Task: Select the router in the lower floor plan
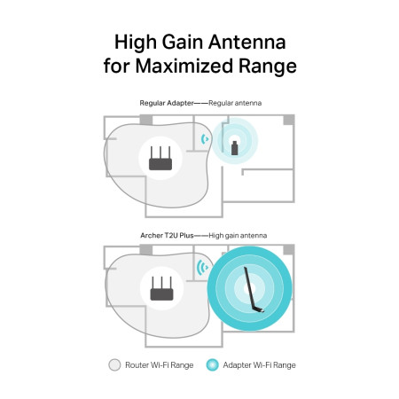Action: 162,289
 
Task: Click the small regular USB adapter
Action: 235,145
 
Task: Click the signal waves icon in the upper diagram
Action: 205,138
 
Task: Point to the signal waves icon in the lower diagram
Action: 201,268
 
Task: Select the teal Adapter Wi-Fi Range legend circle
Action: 211,364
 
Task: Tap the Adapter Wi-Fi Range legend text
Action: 260,364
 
